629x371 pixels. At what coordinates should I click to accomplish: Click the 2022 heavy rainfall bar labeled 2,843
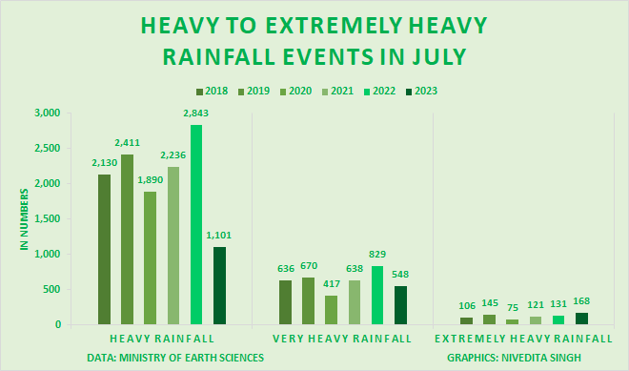196,225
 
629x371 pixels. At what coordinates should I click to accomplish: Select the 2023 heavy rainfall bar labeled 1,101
219,286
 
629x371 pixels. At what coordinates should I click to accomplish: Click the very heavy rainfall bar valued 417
332,310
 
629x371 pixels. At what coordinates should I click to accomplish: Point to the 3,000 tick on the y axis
47,113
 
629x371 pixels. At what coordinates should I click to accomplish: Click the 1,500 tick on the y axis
47,219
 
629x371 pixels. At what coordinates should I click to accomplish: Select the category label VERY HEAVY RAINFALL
342,339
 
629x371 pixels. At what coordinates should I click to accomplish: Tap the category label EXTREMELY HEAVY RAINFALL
523,339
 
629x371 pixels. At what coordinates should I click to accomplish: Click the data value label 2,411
127,143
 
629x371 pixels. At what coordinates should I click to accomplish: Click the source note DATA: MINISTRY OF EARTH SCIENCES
161,358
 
